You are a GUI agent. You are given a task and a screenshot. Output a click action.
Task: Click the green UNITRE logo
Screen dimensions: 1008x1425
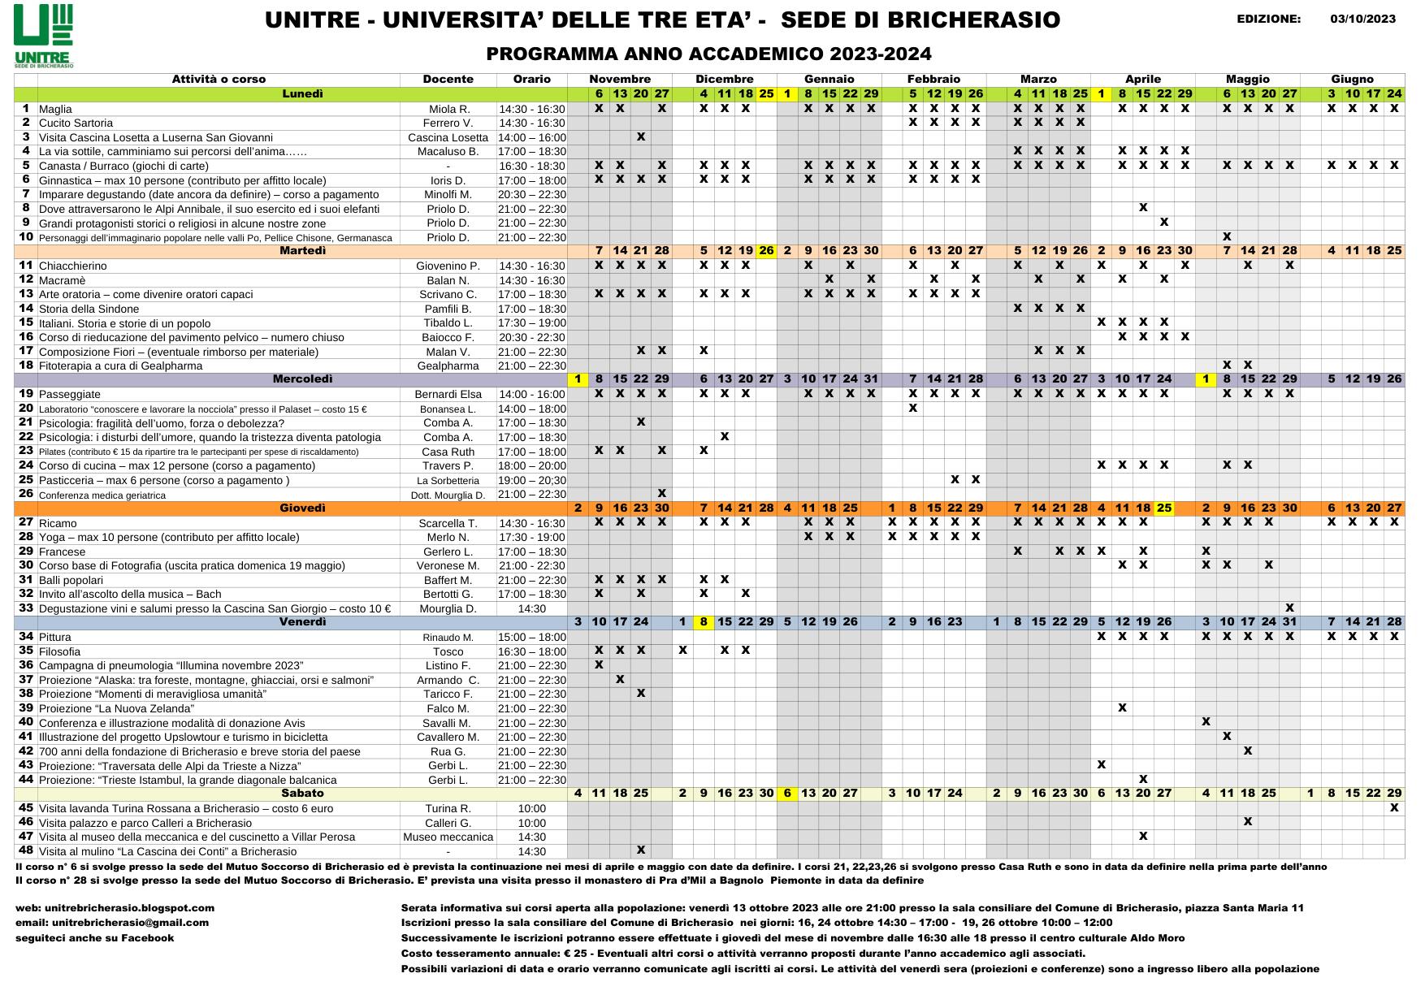(x=44, y=35)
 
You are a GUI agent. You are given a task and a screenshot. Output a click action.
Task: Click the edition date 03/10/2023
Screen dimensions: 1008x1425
(x=1374, y=19)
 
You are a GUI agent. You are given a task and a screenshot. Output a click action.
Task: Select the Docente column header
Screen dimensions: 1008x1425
(x=448, y=79)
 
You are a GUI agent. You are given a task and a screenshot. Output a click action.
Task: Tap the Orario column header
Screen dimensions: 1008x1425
(x=531, y=79)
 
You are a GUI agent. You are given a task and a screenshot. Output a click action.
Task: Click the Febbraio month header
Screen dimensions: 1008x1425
(x=933, y=79)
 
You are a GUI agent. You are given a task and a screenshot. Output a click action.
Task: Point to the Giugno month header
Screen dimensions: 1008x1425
(x=1352, y=79)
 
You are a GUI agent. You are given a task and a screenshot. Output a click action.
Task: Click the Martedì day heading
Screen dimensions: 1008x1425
(x=302, y=250)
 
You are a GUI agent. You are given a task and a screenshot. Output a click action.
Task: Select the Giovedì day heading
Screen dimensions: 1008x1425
(x=302, y=508)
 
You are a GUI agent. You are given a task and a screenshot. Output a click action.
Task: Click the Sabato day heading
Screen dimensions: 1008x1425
(x=302, y=793)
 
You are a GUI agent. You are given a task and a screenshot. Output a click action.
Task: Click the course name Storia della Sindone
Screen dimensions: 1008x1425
(x=89, y=309)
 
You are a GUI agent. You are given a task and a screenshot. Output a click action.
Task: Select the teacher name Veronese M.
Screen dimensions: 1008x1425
(x=448, y=565)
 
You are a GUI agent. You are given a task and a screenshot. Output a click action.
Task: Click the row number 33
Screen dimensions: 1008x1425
(x=25, y=608)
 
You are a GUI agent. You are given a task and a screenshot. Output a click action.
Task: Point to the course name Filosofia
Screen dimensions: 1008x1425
(x=59, y=651)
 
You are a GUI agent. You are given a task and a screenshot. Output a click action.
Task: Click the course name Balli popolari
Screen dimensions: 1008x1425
(x=71, y=580)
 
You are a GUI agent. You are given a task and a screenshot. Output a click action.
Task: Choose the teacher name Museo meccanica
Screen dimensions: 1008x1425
(x=448, y=837)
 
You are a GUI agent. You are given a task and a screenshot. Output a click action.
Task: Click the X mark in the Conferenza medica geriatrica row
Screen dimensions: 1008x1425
(x=661, y=493)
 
